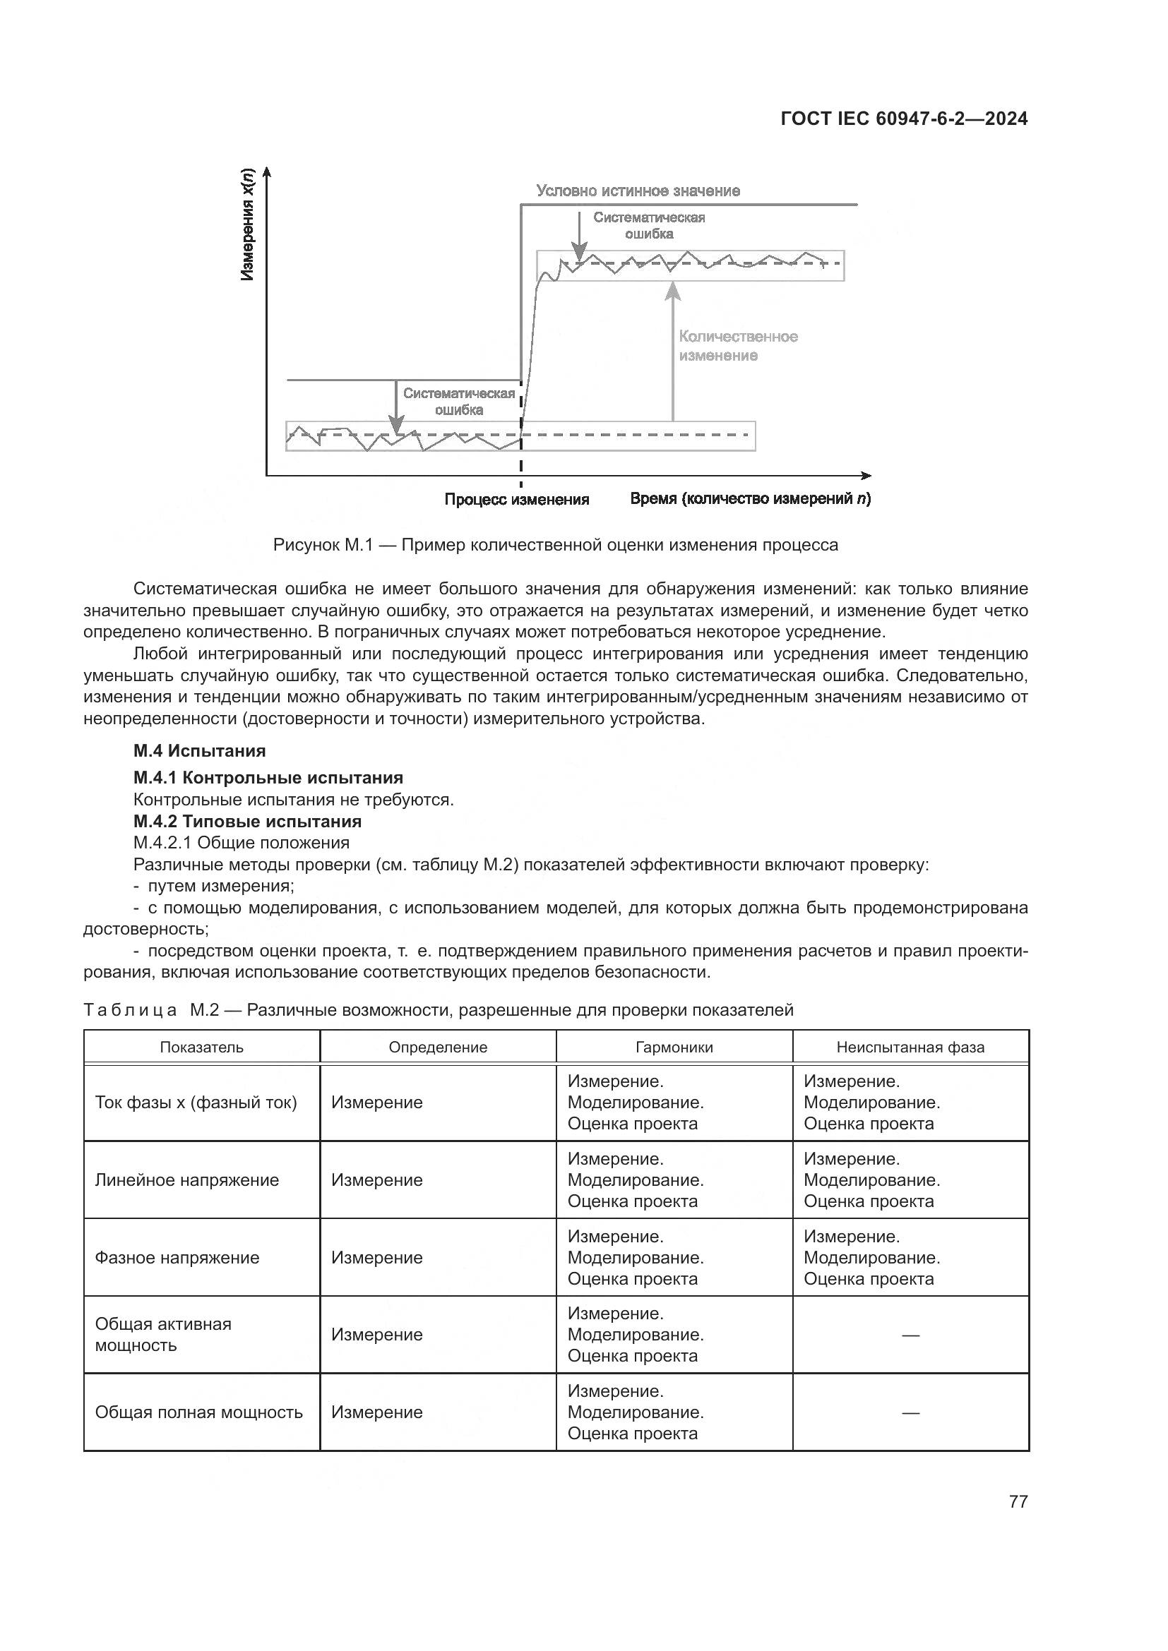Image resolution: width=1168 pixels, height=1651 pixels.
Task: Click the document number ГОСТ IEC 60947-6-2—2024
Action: tap(903, 119)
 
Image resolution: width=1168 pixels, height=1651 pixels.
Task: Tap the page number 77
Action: tap(1018, 1501)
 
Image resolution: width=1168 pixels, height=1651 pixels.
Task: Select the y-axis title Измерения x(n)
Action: tap(247, 224)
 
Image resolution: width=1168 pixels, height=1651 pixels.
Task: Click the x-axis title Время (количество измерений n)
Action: tap(749, 499)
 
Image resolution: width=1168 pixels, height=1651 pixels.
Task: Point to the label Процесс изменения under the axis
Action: tap(516, 500)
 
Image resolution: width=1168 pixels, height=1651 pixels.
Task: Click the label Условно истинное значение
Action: tap(638, 191)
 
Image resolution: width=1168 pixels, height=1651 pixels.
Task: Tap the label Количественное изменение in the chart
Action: tap(738, 346)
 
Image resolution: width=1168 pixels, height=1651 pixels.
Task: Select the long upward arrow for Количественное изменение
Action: tap(672, 352)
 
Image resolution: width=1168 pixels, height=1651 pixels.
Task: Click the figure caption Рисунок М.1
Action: tap(555, 545)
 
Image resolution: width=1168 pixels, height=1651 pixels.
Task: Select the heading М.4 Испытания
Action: tap(199, 751)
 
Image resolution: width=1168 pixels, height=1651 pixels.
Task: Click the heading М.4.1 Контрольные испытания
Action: tap(268, 777)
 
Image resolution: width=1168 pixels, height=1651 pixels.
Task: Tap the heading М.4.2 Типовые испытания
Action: tap(247, 821)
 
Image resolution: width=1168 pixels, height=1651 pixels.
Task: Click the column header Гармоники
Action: tap(674, 1047)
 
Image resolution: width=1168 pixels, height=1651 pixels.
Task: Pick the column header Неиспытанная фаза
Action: tap(910, 1047)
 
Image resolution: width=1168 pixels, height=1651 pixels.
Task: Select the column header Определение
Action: tap(438, 1047)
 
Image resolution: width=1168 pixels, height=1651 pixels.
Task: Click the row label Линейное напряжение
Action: tap(187, 1180)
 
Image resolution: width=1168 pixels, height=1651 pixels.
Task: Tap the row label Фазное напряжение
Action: tap(177, 1258)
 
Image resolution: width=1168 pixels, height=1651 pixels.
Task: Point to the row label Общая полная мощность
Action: tap(198, 1412)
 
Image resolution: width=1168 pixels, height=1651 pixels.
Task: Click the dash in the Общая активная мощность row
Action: tap(910, 1335)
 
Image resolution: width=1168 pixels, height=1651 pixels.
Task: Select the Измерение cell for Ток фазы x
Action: tap(377, 1103)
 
